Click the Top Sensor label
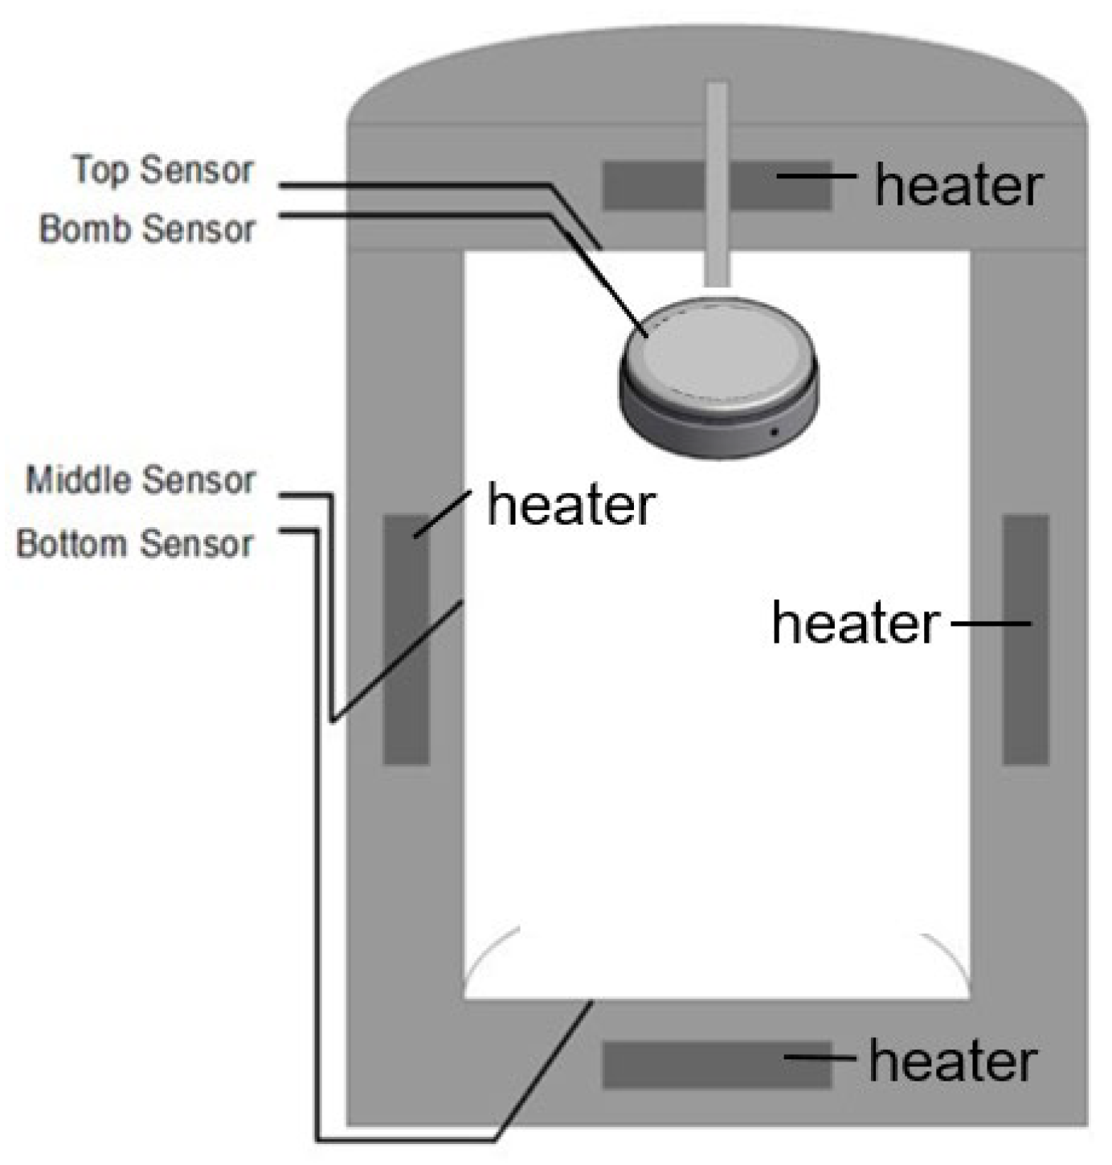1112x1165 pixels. [x=163, y=170]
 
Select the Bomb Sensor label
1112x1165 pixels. [x=147, y=228]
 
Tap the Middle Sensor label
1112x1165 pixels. [x=140, y=480]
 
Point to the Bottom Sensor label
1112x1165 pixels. [x=134, y=543]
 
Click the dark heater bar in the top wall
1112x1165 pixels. [x=717, y=185]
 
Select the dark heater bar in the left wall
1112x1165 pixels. [x=406, y=640]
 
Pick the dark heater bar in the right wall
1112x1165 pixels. [x=1025, y=640]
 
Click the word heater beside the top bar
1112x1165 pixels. [x=959, y=186]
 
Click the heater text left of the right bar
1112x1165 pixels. [x=856, y=623]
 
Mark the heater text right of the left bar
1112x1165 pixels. [x=570, y=505]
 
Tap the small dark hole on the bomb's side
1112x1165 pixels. [x=774, y=432]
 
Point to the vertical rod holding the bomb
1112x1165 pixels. [x=717, y=184]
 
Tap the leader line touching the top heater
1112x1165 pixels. [x=817, y=175]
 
